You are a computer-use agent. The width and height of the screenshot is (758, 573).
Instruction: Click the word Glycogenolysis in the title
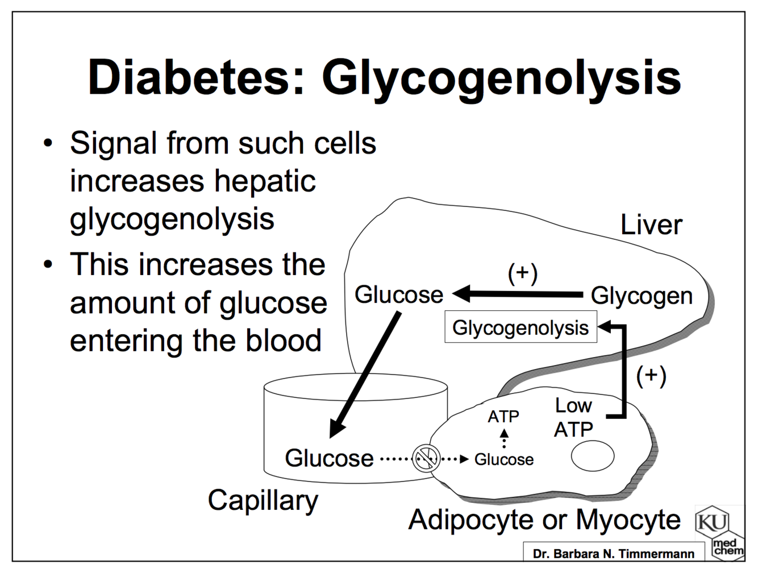click(501, 78)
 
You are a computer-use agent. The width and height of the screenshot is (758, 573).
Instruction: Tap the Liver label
click(651, 225)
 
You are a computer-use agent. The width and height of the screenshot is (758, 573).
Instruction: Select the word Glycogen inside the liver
click(642, 296)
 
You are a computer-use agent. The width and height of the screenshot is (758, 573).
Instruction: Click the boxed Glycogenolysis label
click(520, 328)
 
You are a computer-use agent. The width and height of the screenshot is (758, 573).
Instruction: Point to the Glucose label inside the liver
click(399, 294)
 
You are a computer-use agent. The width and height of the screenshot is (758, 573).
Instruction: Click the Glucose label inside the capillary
click(329, 458)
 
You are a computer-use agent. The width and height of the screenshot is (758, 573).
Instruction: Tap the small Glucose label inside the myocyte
click(504, 459)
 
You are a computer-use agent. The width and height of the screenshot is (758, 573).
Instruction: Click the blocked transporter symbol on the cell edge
click(426, 458)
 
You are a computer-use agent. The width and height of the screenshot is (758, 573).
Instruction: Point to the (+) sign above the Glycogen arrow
click(522, 273)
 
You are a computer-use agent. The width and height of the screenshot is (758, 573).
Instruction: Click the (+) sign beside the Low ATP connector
click(651, 376)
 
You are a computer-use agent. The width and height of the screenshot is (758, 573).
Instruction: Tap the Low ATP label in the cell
click(573, 417)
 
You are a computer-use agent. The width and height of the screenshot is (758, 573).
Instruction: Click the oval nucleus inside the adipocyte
click(593, 456)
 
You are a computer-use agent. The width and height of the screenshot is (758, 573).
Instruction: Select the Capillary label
click(263, 501)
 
